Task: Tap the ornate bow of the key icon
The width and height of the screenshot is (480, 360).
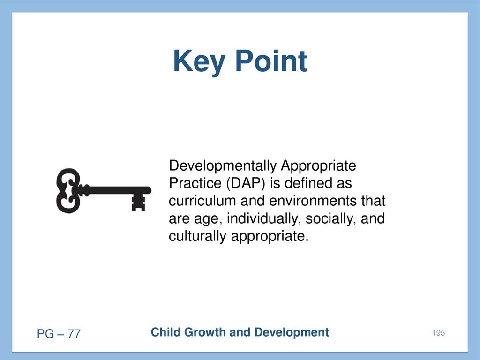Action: [x=68, y=190]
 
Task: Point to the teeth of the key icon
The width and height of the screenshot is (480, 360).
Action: [x=138, y=202]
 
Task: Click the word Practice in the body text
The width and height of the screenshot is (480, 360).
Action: [x=195, y=183]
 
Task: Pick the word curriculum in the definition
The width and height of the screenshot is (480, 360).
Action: [x=202, y=201]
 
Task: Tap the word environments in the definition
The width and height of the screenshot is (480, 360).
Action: [x=313, y=201]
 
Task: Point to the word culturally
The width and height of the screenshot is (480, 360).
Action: [x=197, y=236]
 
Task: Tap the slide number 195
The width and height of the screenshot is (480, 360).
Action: [x=438, y=333]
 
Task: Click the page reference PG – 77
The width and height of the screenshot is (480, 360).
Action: [x=59, y=334]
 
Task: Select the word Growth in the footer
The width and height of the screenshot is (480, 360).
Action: [x=205, y=332]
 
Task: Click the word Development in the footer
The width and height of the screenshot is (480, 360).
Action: [x=292, y=332]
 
